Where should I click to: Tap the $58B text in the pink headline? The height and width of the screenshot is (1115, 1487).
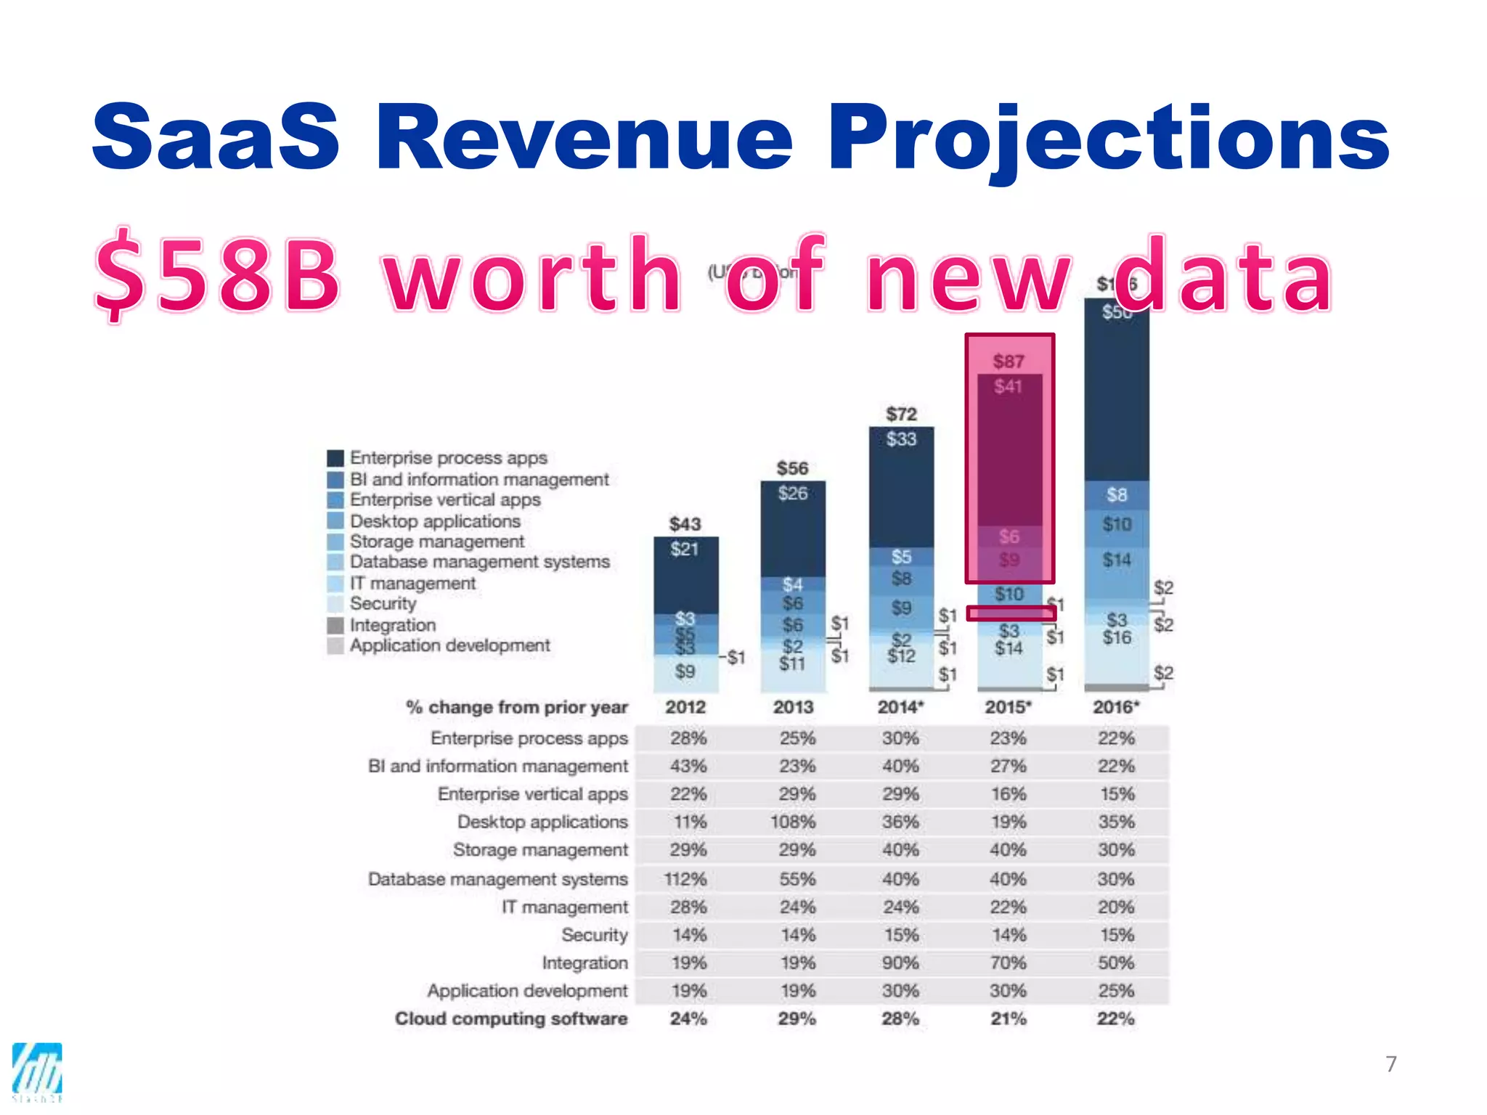(x=218, y=277)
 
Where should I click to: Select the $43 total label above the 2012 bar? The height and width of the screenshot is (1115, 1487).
(x=685, y=524)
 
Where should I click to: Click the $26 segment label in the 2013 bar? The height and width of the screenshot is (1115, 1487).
(x=792, y=494)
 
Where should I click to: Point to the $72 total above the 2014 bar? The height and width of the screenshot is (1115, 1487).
(x=901, y=414)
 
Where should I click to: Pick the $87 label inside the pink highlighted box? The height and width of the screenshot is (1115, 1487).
(x=1009, y=362)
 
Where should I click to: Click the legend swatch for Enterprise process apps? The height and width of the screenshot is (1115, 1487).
(x=335, y=458)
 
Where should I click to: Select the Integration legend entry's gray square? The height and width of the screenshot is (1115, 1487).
(x=335, y=625)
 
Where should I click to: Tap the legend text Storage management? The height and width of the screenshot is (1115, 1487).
(x=436, y=542)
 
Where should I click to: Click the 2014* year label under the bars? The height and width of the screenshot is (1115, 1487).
(x=900, y=707)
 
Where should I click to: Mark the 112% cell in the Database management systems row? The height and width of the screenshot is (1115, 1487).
(x=685, y=879)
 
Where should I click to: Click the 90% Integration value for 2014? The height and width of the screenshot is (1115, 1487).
(x=900, y=963)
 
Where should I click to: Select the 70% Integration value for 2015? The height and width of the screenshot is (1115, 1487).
(x=1009, y=963)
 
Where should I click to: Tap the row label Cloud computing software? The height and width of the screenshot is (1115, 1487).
(x=511, y=1018)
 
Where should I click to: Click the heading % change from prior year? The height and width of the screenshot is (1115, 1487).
(x=516, y=707)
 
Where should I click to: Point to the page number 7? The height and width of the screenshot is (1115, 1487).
(x=1390, y=1064)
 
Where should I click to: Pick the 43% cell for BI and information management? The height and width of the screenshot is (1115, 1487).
(x=688, y=766)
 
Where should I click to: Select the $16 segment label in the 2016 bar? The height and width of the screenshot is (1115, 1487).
(x=1117, y=637)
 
